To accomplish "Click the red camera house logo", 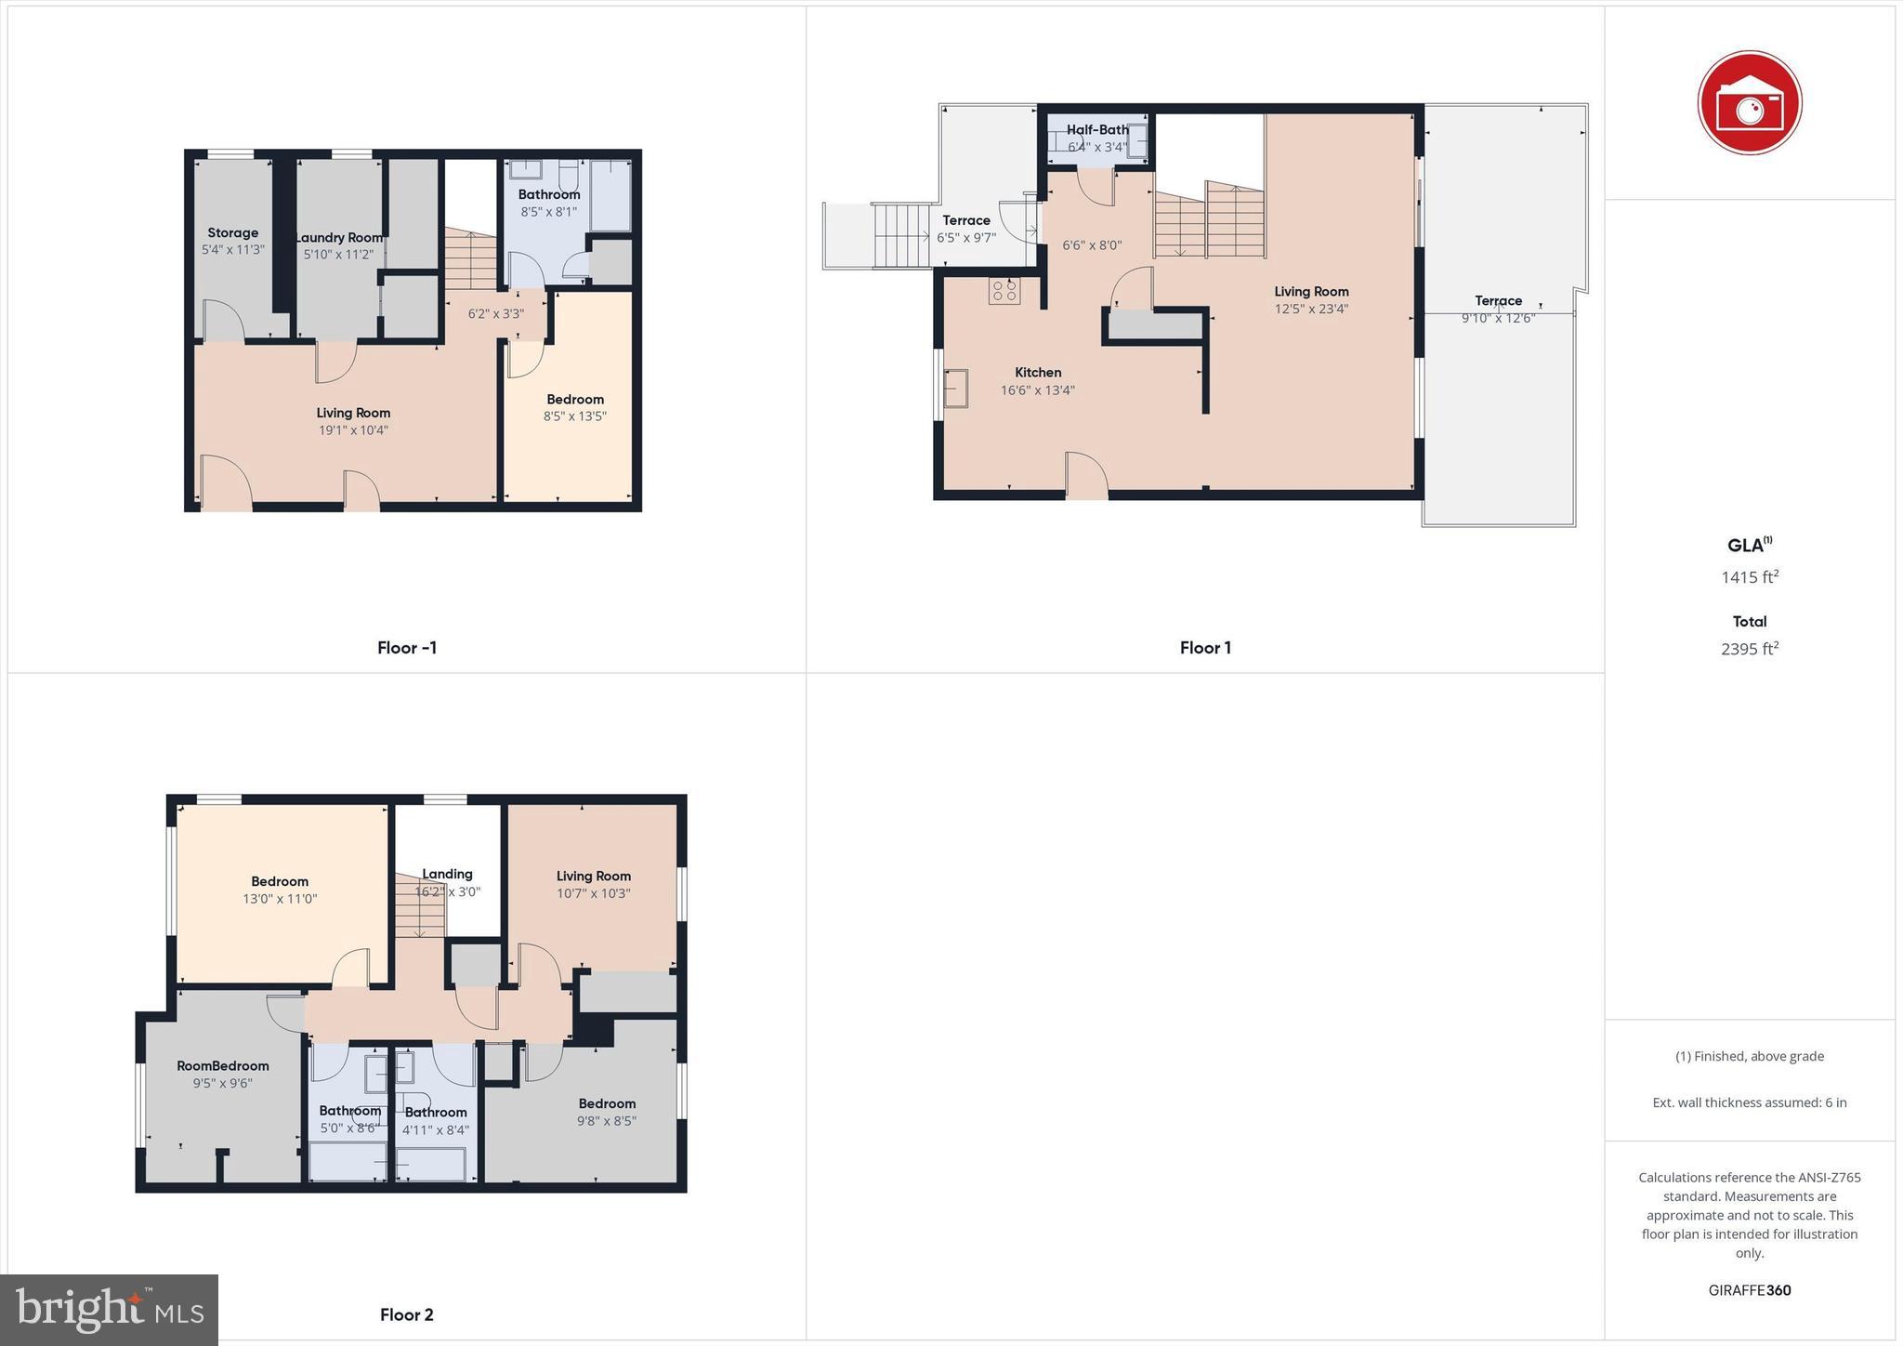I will point(1749,102).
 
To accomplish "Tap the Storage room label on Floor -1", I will point(232,233).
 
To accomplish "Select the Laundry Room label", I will point(339,238).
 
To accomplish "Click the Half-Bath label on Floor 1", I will point(1097,130).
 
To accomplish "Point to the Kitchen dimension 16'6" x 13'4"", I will point(1037,390).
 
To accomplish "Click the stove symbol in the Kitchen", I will point(1004,291).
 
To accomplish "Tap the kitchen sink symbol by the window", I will point(955,388).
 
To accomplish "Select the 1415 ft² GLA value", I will point(1749,577).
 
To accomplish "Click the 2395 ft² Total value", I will point(1749,649).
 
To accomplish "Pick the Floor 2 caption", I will point(406,1314).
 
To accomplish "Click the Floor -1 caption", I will point(406,648).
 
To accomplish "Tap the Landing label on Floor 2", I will point(447,874).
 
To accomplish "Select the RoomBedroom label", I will point(223,1066).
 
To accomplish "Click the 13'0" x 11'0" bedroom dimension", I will point(280,899).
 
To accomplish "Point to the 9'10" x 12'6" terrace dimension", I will point(1498,318).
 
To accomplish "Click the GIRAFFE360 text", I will point(1749,1290).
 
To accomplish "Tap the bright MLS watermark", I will point(110,1310).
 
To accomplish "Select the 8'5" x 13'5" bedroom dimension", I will point(575,416).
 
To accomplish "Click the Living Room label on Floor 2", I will point(593,876).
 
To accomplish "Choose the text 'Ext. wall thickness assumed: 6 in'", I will point(1749,1102).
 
